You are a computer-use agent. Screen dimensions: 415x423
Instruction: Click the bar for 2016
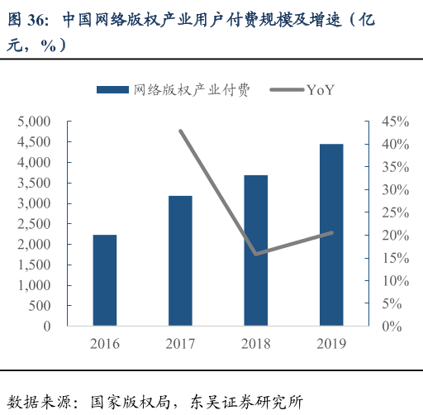105,280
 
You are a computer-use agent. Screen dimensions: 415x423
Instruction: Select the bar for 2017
180,260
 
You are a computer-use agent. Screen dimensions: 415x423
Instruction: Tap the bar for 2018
256,250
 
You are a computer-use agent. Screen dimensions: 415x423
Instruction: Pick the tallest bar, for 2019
331,235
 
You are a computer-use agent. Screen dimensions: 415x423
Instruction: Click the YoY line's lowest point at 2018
256,254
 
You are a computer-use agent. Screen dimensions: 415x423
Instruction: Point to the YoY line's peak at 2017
180,131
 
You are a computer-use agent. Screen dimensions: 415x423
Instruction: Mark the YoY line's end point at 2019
331,233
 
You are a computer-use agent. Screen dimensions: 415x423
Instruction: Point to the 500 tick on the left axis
41,306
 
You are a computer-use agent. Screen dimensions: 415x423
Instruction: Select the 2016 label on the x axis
105,343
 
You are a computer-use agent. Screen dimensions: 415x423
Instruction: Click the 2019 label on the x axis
331,343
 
